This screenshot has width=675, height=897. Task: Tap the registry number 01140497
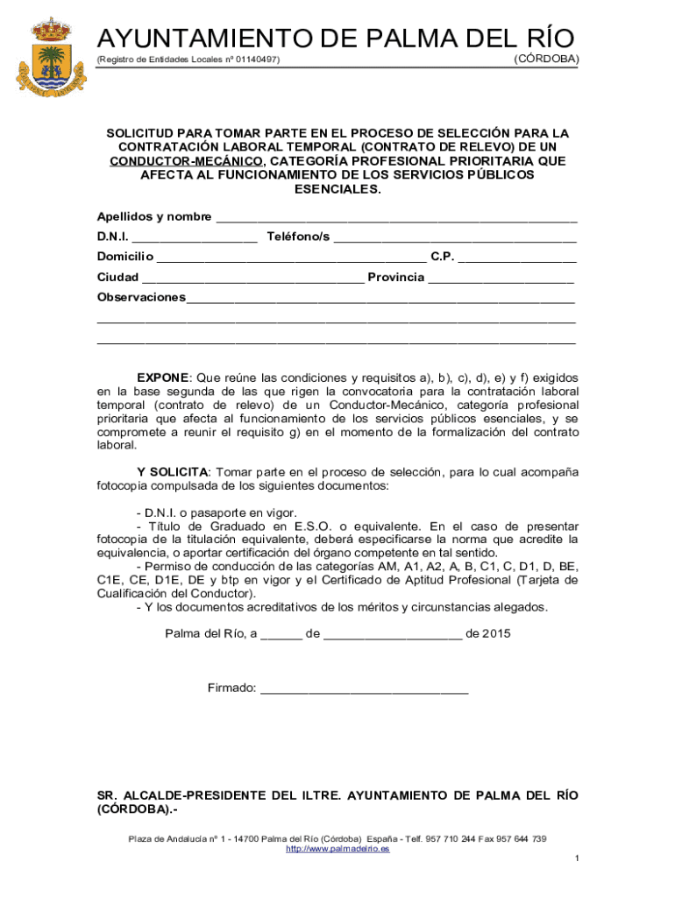257,60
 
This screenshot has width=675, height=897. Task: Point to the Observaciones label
140,298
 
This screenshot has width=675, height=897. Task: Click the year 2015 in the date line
496,633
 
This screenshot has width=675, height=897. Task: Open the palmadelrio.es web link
337,849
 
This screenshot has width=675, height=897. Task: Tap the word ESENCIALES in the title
337,189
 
